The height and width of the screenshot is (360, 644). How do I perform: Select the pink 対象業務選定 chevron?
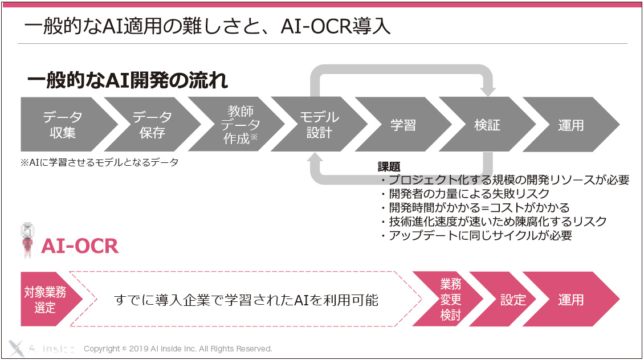(47, 299)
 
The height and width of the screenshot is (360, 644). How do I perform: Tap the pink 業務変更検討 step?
(449, 299)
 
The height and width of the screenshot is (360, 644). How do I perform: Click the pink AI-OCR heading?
(80, 246)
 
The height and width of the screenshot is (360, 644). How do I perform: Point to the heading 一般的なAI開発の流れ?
(127, 80)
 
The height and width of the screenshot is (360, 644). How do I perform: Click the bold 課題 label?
(389, 167)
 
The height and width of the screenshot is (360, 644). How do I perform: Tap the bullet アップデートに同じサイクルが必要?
(476, 236)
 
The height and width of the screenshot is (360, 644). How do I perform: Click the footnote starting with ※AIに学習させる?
(99, 162)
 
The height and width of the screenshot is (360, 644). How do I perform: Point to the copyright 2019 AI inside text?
(178, 349)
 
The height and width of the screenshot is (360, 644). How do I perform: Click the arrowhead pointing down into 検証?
(487, 92)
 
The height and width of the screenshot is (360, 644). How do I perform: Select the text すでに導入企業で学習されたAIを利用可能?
(246, 300)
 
